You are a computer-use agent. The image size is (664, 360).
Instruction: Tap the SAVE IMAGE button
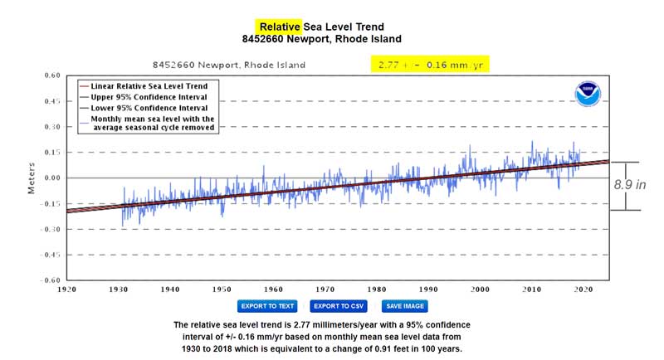(405, 306)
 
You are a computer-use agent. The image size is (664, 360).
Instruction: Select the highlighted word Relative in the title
(281, 26)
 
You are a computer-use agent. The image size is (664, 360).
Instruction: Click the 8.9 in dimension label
(629, 185)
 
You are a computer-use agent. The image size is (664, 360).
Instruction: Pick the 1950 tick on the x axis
(222, 289)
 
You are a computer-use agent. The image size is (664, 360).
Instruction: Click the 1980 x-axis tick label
(376, 289)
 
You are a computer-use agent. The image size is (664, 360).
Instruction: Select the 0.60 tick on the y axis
(52, 76)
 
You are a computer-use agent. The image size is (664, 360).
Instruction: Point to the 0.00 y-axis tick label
(52, 178)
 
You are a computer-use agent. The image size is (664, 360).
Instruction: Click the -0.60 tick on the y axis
(51, 280)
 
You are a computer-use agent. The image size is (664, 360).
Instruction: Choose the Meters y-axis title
(32, 178)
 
